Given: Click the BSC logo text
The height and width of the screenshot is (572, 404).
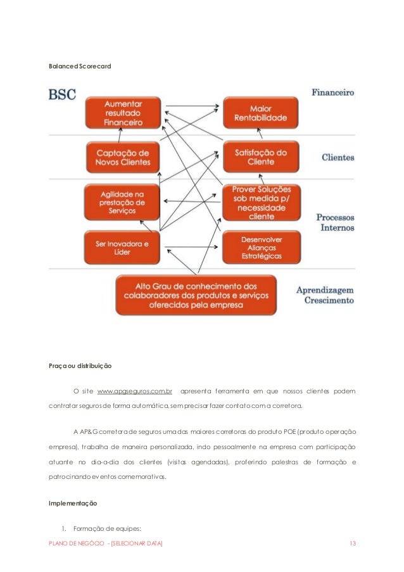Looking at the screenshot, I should point(62,95).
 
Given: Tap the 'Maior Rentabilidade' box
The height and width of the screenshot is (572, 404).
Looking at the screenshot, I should point(261,112).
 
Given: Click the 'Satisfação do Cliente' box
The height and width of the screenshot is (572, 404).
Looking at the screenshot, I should point(261,157).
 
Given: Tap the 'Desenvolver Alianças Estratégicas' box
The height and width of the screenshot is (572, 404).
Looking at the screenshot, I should point(261,248).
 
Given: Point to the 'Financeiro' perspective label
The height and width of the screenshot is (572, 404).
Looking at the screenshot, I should point(332,93).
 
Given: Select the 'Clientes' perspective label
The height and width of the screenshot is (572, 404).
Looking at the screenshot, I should point(338,157).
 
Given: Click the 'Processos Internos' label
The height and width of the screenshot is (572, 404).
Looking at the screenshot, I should point(335,222).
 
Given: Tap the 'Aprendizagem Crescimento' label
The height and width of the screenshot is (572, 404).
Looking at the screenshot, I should point(325,295).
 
